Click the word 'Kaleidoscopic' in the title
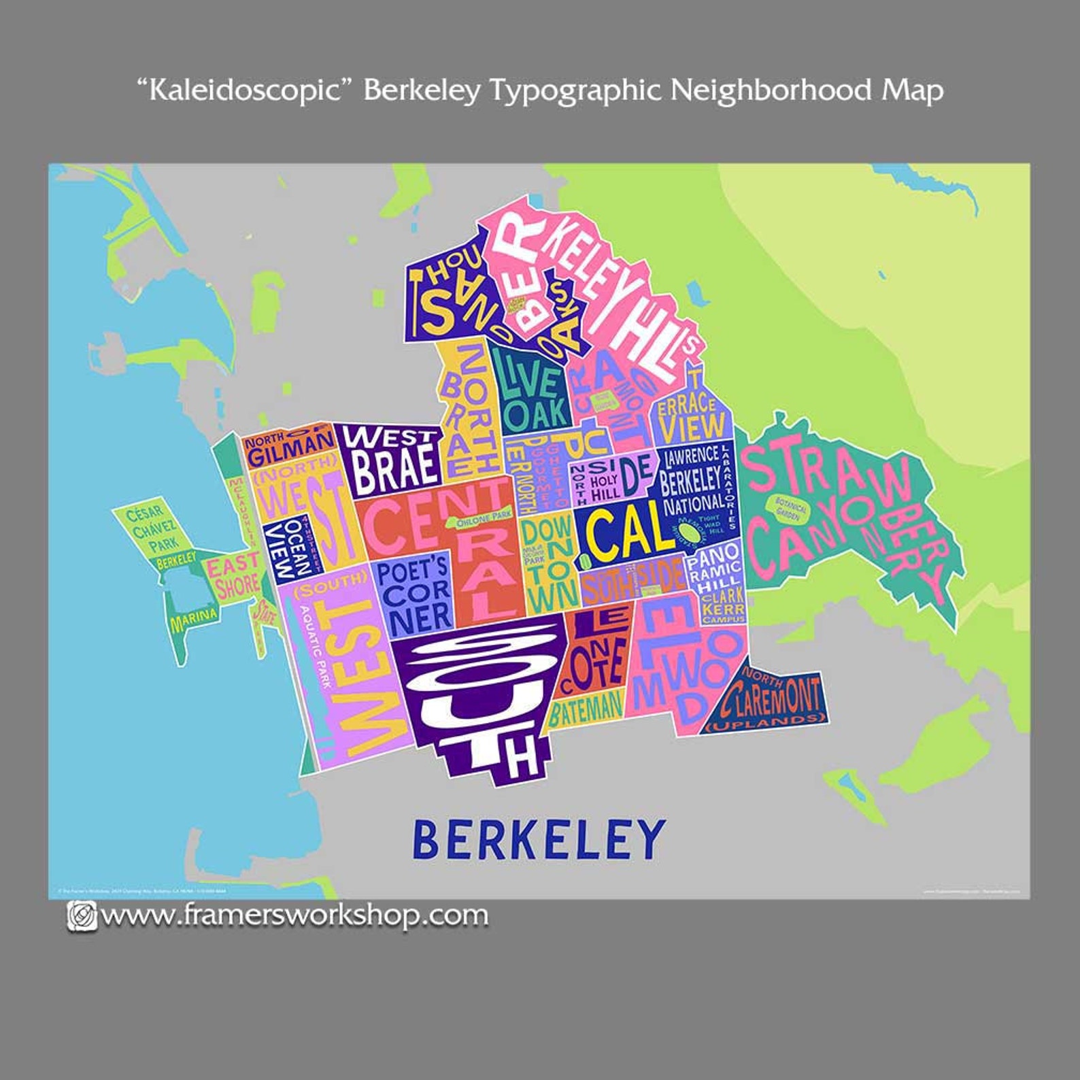click(x=248, y=89)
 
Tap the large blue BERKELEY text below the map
click(x=538, y=839)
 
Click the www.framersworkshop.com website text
click(x=294, y=915)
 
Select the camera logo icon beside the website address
click(x=82, y=915)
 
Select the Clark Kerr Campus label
click(x=723, y=607)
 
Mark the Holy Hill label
click(x=604, y=487)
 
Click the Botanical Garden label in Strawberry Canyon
click(x=791, y=508)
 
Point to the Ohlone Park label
click(x=484, y=519)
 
